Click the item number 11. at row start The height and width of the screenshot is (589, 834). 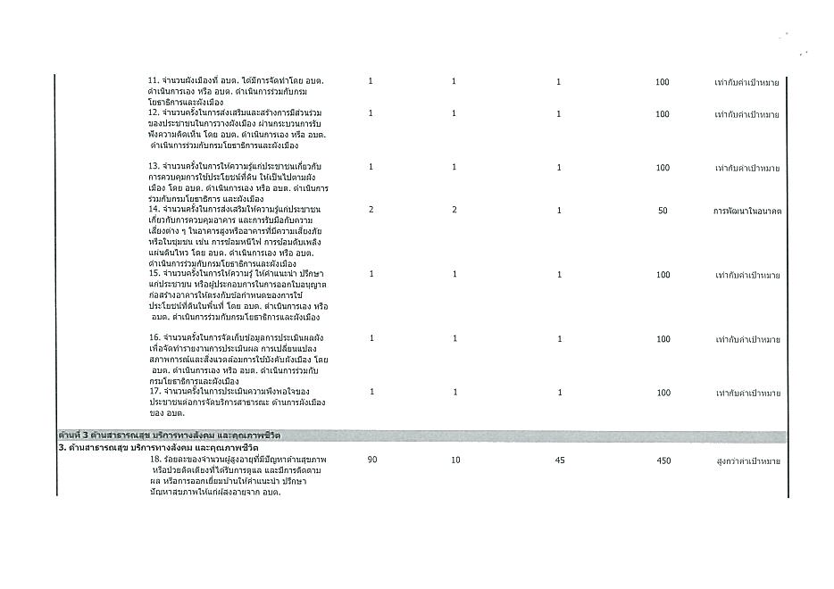[x=154, y=81]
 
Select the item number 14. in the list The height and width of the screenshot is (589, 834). [x=154, y=209]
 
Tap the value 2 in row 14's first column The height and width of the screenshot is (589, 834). [x=371, y=209]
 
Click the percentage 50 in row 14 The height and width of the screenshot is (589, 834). [x=662, y=210]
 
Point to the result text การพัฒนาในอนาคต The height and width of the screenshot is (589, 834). [x=747, y=210]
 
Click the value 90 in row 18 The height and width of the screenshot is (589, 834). [x=371, y=460]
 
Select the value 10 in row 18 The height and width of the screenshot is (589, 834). [x=454, y=460]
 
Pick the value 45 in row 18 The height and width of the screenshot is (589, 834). [x=559, y=460]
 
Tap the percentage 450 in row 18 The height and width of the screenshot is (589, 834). [x=662, y=460]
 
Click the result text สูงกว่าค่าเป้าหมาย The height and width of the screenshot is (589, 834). [x=747, y=461]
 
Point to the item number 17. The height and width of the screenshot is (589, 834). [x=154, y=392]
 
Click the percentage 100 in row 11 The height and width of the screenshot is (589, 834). [x=662, y=82]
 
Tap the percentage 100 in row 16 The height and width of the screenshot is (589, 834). [x=662, y=339]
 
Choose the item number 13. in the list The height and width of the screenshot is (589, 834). [x=154, y=167]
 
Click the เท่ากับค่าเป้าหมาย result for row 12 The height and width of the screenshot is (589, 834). [x=746, y=114]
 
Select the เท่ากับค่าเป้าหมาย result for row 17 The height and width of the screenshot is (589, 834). [x=746, y=393]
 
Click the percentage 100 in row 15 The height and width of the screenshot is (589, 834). [x=662, y=275]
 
